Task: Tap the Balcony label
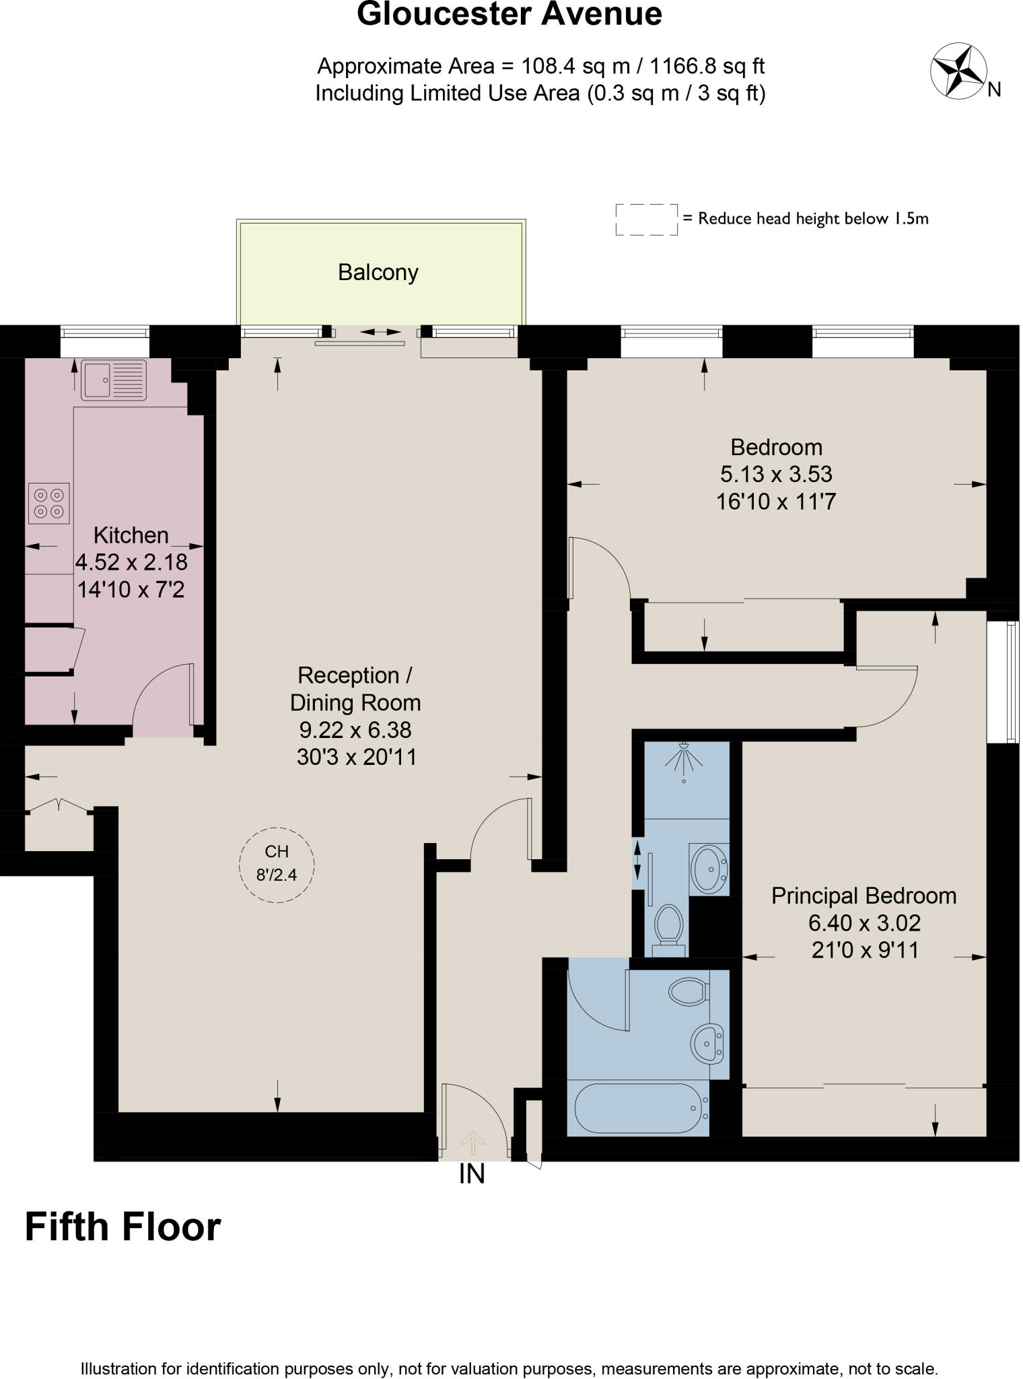pos(378,273)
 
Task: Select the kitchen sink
pos(113,380)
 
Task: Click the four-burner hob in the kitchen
pos(48,504)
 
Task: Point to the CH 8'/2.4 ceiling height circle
pos(277,864)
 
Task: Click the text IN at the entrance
pos(472,1175)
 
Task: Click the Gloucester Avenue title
pos(509,13)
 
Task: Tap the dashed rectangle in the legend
pos(646,220)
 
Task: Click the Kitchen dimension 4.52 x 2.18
pos(131,562)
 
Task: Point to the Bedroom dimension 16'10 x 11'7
pos(776,502)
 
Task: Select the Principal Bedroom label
pos(863,896)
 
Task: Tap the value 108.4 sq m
pos(576,66)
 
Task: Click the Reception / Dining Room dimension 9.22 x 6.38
pos(355,730)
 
